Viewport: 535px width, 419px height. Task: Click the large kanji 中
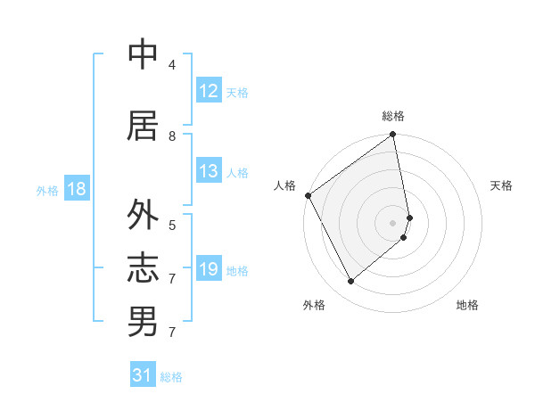(143, 55)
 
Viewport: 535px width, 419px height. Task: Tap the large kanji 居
(143, 126)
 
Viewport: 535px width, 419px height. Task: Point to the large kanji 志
(143, 267)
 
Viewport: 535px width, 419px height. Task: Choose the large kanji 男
(143, 321)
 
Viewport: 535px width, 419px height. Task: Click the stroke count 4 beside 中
(171, 65)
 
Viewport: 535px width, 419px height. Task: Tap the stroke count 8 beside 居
(171, 136)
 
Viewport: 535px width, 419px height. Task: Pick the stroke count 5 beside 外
(171, 225)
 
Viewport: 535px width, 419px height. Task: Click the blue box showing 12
(209, 91)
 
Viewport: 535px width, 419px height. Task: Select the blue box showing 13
(209, 171)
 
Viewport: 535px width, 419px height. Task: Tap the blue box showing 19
(209, 269)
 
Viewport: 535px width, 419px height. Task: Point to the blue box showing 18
(76, 189)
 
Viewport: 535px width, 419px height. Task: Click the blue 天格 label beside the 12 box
(237, 92)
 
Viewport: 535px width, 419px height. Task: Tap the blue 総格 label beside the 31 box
(171, 377)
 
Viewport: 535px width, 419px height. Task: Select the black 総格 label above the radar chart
(393, 116)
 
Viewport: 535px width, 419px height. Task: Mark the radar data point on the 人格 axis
(308, 195)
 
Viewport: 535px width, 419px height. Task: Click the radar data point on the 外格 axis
(351, 281)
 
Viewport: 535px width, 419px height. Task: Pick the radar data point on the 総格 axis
(393, 136)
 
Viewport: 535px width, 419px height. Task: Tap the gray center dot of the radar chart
(393, 222)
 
